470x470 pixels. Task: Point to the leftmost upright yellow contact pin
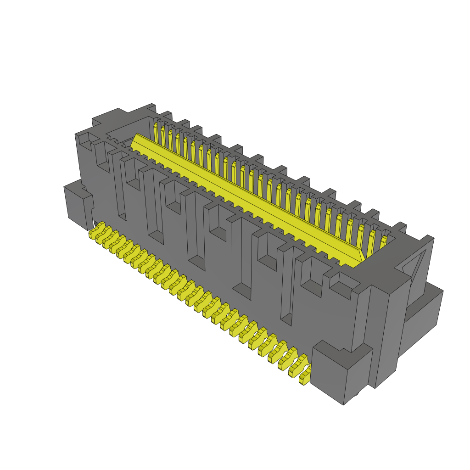click(x=156, y=133)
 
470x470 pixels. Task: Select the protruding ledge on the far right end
click(x=425, y=312)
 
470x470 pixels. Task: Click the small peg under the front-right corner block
click(x=356, y=394)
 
